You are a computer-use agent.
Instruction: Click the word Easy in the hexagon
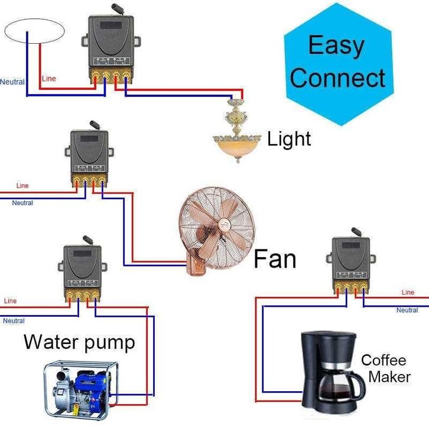pos(336,46)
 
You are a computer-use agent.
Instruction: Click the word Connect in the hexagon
pos(337,78)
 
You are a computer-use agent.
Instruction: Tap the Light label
pos(289,139)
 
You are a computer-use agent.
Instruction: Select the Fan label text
pos(275,259)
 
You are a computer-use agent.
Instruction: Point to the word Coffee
pos(383,360)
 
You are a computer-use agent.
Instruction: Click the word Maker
pos(389,376)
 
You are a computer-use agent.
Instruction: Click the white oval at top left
pos(34,30)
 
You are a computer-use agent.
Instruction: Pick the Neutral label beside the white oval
pos(12,82)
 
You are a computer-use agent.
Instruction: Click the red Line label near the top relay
pos(49,79)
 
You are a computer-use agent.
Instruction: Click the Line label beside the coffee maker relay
pos(408,292)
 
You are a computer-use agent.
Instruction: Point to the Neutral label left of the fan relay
pos(22,203)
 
